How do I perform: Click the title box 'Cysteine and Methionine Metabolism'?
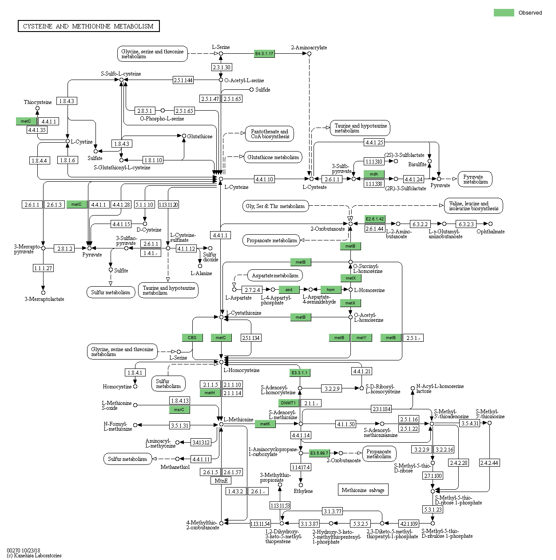(88, 26)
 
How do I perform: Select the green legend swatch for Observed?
(504, 13)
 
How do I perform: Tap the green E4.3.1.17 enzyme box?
(264, 54)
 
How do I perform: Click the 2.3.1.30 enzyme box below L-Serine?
(222, 67)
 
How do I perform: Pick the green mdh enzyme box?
(374, 174)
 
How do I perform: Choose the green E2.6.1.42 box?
(375, 219)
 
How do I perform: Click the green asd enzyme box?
(289, 290)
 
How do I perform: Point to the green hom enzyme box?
(331, 290)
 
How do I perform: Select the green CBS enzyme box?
(192, 338)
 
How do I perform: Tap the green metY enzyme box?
(361, 338)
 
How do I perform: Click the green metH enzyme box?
(210, 393)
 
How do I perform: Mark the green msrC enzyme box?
(179, 410)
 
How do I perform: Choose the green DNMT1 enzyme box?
(288, 403)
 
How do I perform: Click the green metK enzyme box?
(265, 424)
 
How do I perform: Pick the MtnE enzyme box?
(221, 481)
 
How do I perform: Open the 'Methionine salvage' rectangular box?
(363, 490)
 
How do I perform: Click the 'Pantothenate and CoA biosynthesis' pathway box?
(270, 134)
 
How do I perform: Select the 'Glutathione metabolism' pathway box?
(273, 157)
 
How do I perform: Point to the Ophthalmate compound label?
(490, 232)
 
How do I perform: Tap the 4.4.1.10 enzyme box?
(264, 179)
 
